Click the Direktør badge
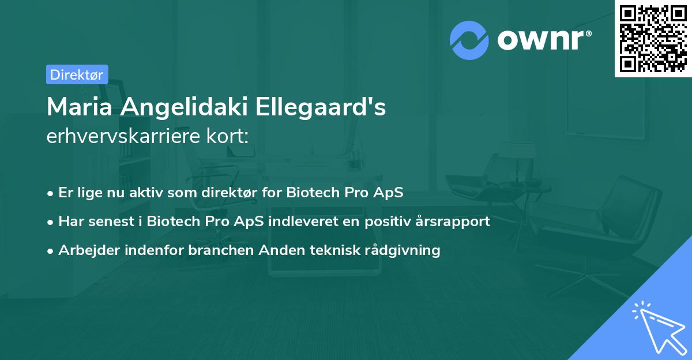click(77, 74)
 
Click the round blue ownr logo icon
click(469, 40)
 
